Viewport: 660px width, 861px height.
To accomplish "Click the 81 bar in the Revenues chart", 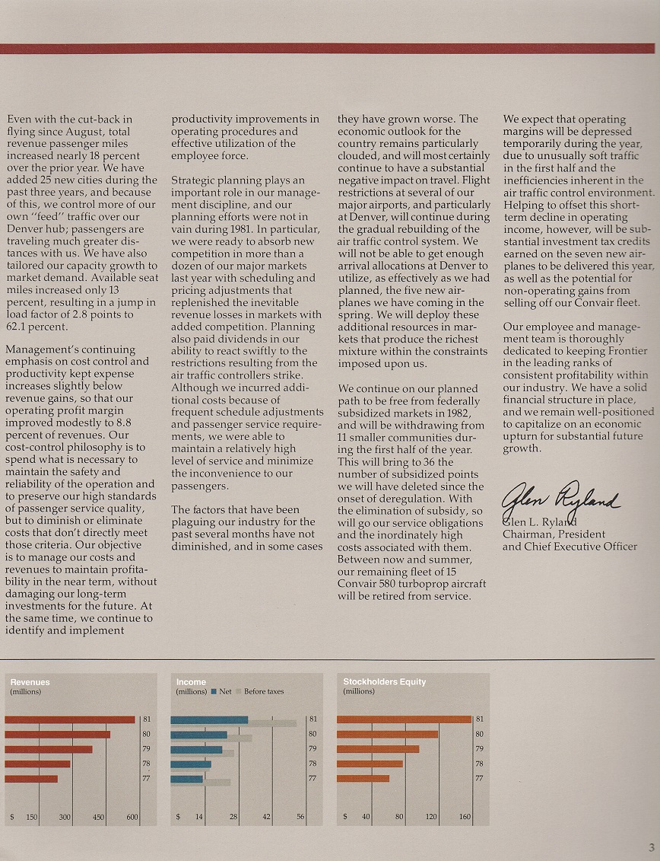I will click(x=70, y=719).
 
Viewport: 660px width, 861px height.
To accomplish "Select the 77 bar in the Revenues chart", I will click(x=31, y=778).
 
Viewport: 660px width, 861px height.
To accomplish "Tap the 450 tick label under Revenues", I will click(x=98, y=817).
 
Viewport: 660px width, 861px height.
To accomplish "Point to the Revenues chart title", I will click(x=30, y=682).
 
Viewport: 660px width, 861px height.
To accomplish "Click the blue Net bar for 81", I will click(x=209, y=719).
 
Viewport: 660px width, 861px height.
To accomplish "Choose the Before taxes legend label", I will click(x=264, y=691).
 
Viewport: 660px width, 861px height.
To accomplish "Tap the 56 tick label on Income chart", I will click(x=300, y=817).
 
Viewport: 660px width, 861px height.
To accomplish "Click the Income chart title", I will click(x=191, y=682).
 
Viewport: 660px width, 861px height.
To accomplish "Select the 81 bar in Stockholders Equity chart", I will click(x=404, y=719).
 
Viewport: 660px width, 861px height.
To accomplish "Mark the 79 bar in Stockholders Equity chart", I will click(x=378, y=749).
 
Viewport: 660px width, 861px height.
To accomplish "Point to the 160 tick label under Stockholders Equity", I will click(x=465, y=817).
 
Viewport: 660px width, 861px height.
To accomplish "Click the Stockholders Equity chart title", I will click(x=385, y=682).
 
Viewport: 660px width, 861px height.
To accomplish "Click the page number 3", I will click(x=652, y=847).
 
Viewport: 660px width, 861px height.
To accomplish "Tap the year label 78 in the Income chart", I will click(x=312, y=764).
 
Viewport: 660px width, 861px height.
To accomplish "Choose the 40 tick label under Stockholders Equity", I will click(x=366, y=817).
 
